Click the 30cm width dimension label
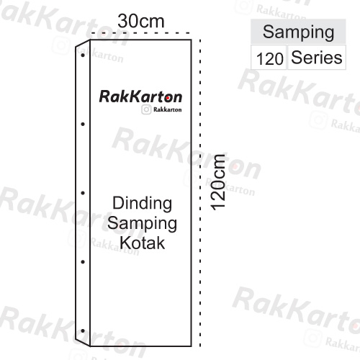(x=141, y=22)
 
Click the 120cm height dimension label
(x=218, y=183)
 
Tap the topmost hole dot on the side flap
(x=83, y=55)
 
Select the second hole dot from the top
(x=83, y=124)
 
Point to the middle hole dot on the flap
(x=83, y=193)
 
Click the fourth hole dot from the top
(x=83, y=262)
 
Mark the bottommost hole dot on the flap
(x=83, y=330)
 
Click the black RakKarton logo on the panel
(x=140, y=96)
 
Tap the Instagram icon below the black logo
(x=146, y=109)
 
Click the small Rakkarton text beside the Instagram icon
(x=167, y=109)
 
